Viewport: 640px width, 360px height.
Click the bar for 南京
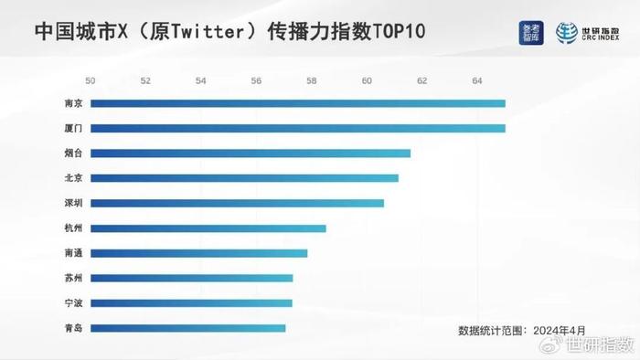pyautogui.click(x=297, y=103)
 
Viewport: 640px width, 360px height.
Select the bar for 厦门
pyautogui.click(x=297, y=128)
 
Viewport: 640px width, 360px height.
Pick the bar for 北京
pyautogui.click(x=244, y=178)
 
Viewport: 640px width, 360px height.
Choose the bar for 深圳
pyautogui.click(x=237, y=203)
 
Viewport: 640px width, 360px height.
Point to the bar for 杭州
pyautogui.click(x=208, y=228)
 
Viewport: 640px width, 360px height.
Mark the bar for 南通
pyautogui.click(x=198, y=253)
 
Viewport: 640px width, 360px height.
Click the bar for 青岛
pyautogui.click(x=187, y=328)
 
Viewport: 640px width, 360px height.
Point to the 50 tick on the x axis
pyautogui.click(x=90, y=80)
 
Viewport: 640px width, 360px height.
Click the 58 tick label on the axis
pyautogui.click(x=312, y=80)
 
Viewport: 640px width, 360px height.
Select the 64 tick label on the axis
pyautogui.click(x=477, y=80)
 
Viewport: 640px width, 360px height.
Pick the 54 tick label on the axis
pyautogui.click(x=200, y=80)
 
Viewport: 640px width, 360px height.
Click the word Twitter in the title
pyautogui.click(x=202, y=30)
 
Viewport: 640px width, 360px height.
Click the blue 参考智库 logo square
pyautogui.click(x=530, y=31)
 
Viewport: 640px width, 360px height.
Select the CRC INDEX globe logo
pyautogui.click(x=568, y=31)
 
